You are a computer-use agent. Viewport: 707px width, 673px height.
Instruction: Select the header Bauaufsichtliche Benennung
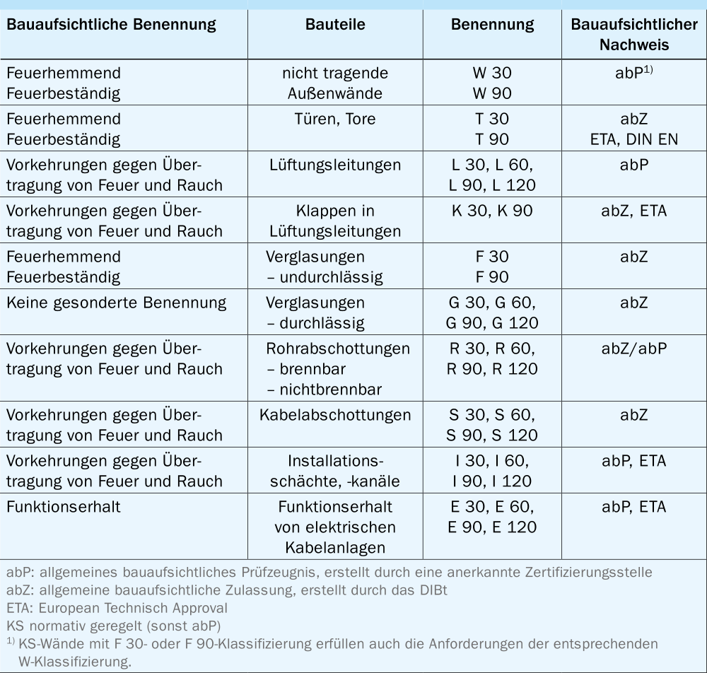[x=110, y=25]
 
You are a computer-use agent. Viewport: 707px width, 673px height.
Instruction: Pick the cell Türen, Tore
[x=335, y=119]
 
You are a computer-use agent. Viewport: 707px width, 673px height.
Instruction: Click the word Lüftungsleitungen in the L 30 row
[x=335, y=165]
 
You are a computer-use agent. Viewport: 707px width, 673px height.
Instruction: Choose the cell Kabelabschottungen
[x=335, y=415]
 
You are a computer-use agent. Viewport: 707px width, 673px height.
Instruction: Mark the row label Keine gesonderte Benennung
[x=116, y=303]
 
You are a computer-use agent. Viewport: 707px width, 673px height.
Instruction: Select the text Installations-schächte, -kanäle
[x=335, y=472]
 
